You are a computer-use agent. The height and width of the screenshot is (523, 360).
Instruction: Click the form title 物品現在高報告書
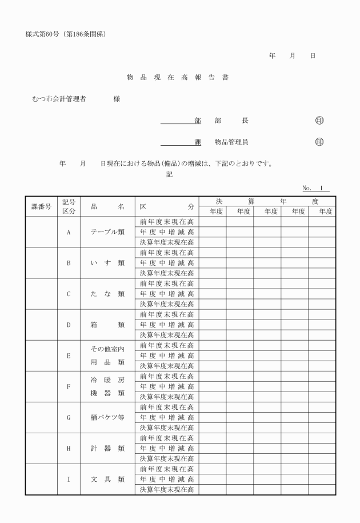tap(178, 77)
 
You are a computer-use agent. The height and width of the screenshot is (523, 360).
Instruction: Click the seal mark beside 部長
tap(319, 121)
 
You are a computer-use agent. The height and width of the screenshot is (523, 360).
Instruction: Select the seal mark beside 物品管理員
tap(319, 142)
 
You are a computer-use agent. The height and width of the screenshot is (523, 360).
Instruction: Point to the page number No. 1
tap(315, 188)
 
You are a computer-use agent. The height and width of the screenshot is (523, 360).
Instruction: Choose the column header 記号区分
tap(69, 206)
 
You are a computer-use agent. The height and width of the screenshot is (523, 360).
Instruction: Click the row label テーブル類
tap(107, 232)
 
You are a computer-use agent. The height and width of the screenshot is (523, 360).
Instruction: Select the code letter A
tap(69, 232)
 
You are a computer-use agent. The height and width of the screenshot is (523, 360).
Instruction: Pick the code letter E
tap(69, 356)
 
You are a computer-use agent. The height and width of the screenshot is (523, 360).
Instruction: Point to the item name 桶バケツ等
tap(107, 417)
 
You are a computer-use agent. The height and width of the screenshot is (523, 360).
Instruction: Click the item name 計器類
tap(107, 448)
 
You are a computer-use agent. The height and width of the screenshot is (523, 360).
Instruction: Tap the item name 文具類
tap(107, 479)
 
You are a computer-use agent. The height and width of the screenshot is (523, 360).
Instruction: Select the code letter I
tap(69, 479)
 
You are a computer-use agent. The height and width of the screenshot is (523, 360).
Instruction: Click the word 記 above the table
tap(169, 175)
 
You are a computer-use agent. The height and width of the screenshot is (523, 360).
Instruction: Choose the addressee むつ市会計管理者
tap(59, 99)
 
